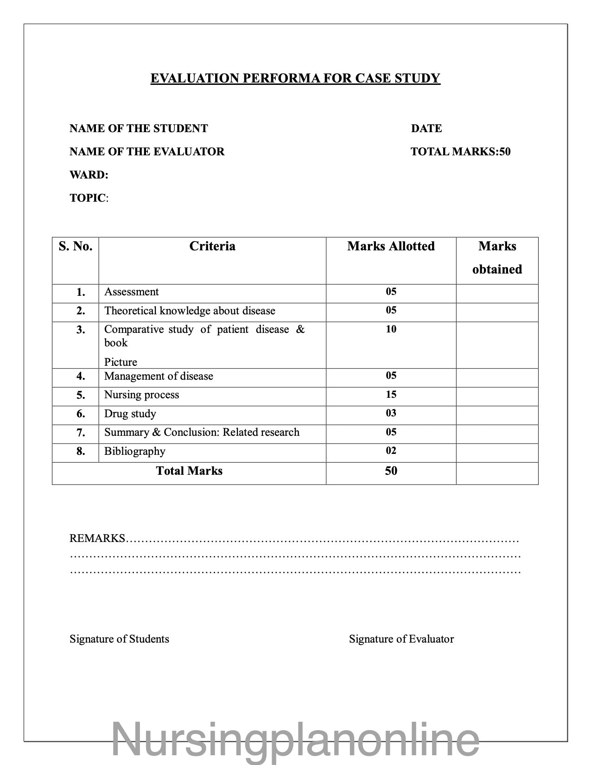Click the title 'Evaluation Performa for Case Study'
tap(295, 78)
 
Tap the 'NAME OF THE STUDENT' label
tap(139, 128)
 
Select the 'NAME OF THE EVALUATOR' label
tap(147, 152)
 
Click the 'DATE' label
tap(426, 128)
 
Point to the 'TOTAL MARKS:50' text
tap(460, 152)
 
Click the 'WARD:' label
tap(89, 175)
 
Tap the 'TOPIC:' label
tap(89, 198)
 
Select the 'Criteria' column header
tap(212, 246)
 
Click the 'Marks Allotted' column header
tap(391, 246)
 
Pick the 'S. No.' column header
tap(76, 246)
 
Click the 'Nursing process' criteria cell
tap(142, 395)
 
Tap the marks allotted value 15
tap(391, 395)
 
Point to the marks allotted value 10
tap(391, 329)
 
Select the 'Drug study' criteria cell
tap(130, 414)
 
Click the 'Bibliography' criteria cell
tap(135, 451)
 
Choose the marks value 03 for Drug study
tap(391, 413)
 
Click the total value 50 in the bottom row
tap(391, 471)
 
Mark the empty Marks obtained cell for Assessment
tap(497, 293)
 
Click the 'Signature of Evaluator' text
tap(401, 639)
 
